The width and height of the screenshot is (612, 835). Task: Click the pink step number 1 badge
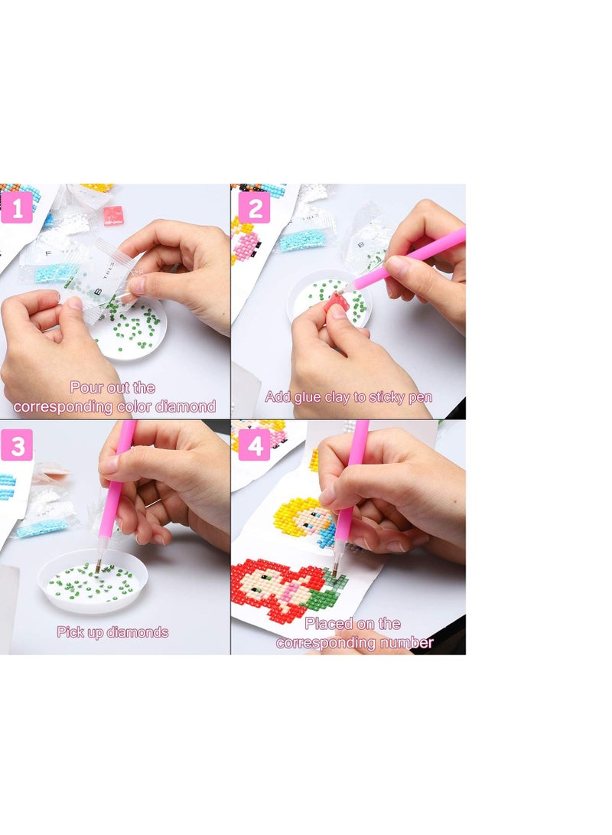[17, 207]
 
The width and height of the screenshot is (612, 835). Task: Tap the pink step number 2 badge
[254, 207]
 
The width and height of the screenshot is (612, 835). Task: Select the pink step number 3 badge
[17, 445]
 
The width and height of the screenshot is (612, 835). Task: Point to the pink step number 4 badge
[254, 445]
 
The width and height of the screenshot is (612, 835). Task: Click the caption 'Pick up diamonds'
[112, 632]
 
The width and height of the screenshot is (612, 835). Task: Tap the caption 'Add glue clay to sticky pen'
[348, 396]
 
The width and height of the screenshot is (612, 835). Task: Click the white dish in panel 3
[82, 580]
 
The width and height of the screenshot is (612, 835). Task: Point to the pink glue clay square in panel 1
[113, 214]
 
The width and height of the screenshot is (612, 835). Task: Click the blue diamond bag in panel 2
[301, 240]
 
